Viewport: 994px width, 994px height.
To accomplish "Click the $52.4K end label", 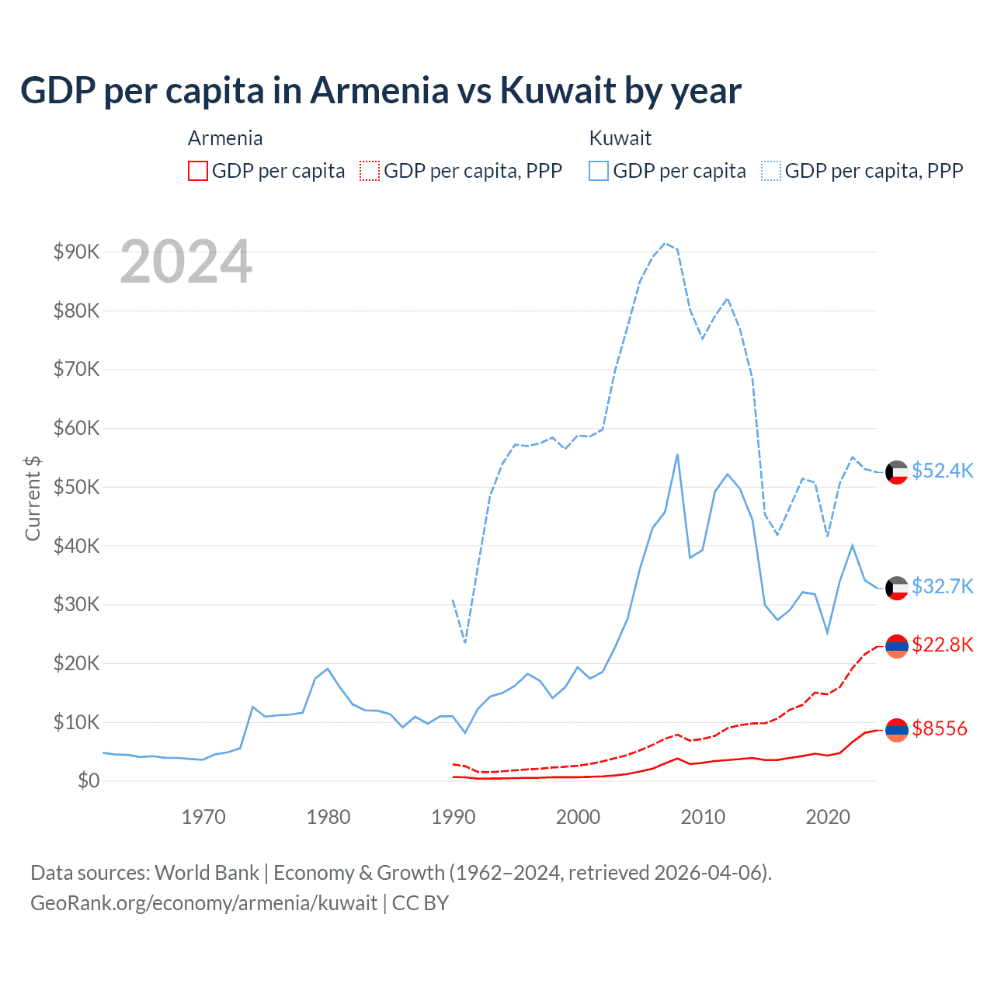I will point(942,471).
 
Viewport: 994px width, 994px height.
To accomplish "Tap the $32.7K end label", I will point(942,586).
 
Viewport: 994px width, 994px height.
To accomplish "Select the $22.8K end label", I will point(942,645).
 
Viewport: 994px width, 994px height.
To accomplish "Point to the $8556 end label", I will point(939,729).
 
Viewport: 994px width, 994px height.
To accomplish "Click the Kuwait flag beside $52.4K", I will point(897,472).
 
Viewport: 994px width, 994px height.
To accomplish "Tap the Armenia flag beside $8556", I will point(897,730).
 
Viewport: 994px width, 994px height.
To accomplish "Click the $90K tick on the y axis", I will point(76,252).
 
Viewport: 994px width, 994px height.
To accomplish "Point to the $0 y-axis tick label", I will point(89,781).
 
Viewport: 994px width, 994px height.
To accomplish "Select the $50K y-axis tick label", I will point(76,487).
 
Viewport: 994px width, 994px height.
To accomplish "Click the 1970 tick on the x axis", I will point(203,817).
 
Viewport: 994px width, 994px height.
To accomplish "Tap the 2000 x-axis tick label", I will point(578,817).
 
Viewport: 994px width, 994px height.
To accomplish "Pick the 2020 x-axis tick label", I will point(828,817).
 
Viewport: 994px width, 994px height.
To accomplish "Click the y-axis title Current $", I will point(33,498).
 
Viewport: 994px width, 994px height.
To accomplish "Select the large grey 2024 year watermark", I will point(186,262).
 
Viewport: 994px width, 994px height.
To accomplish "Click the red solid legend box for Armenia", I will point(198,171).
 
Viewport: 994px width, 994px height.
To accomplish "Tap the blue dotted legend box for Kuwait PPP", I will point(771,171).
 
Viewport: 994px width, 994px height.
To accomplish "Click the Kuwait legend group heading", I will point(620,138).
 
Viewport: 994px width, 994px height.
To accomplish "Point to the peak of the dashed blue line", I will point(665,243).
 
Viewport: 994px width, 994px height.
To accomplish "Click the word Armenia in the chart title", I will point(380,90).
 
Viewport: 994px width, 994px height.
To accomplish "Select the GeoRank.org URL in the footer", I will point(203,903).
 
